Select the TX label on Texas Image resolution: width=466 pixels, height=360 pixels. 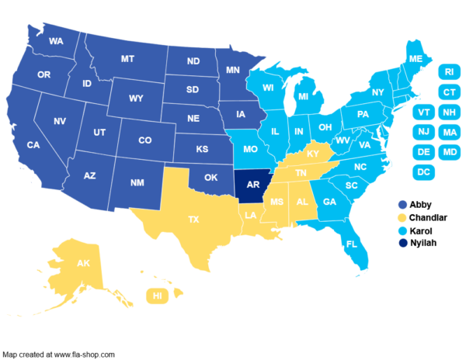tap(193, 220)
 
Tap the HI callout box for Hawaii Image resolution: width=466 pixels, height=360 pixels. tap(158, 296)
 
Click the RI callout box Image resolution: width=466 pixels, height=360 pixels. tap(449, 72)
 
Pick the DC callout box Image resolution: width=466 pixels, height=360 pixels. tap(423, 171)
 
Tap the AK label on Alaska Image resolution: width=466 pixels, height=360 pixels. tap(83, 264)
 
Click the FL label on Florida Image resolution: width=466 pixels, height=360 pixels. tap(352, 244)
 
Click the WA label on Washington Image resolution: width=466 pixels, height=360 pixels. tap(56, 41)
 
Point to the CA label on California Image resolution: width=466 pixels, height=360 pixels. tap(33, 145)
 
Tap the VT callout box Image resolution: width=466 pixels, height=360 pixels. tap(423, 112)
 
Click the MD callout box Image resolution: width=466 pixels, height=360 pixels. tap(449, 152)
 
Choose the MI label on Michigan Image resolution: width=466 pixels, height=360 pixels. tap(304, 96)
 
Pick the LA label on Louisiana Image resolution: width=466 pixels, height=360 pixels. tap(252, 215)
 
